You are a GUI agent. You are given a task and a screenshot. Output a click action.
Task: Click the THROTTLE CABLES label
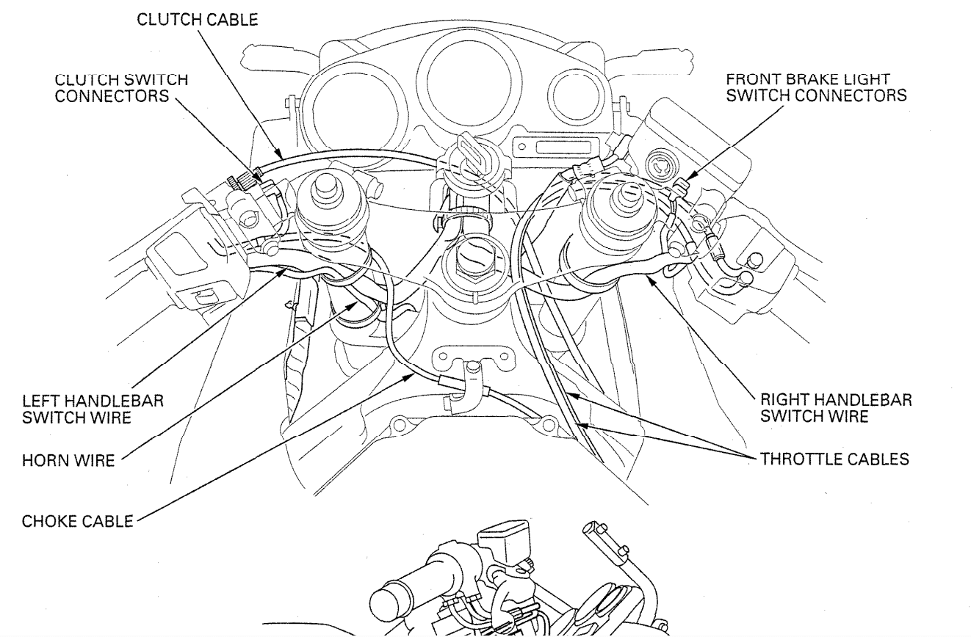tap(835, 460)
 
